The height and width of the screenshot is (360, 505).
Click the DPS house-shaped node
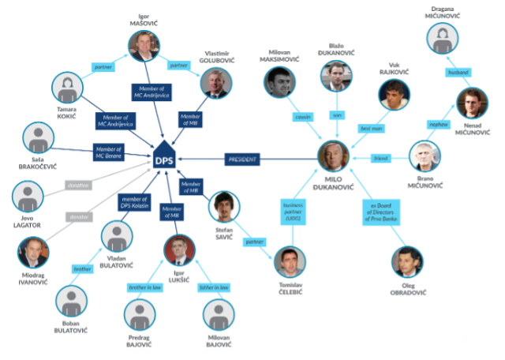coord(164,158)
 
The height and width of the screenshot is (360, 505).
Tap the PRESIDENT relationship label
coord(242,159)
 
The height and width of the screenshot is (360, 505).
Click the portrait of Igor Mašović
coord(143,47)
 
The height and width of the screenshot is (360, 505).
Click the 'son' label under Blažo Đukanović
coord(336,115)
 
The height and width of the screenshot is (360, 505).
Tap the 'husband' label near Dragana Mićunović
coord(458,72)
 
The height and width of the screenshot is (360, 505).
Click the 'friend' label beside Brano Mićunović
coord(380,159)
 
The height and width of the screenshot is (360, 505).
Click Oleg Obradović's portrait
coord(409,264)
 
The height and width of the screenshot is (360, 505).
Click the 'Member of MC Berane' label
coord(109,152)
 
